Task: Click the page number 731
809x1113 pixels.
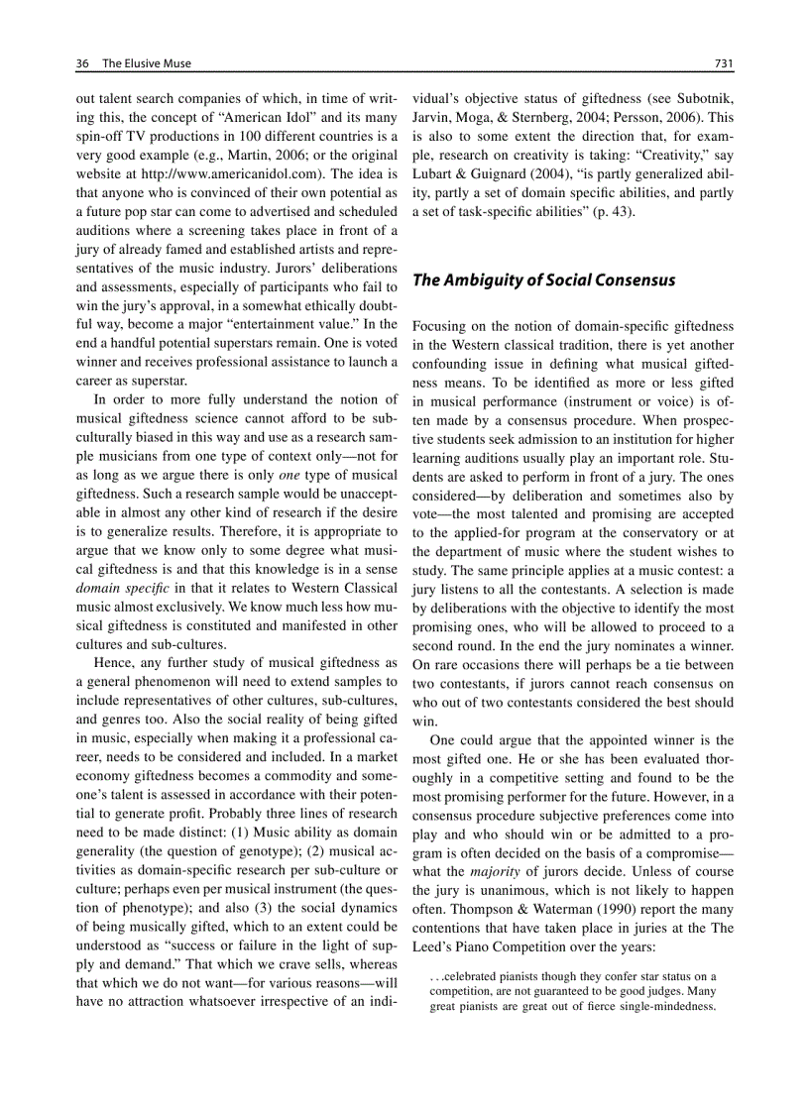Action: coord(723,63)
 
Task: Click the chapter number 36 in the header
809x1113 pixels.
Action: coord(82,63)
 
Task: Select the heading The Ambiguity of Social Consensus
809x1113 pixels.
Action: coord(543,280)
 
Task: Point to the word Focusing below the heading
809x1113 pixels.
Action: coord(441,325)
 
